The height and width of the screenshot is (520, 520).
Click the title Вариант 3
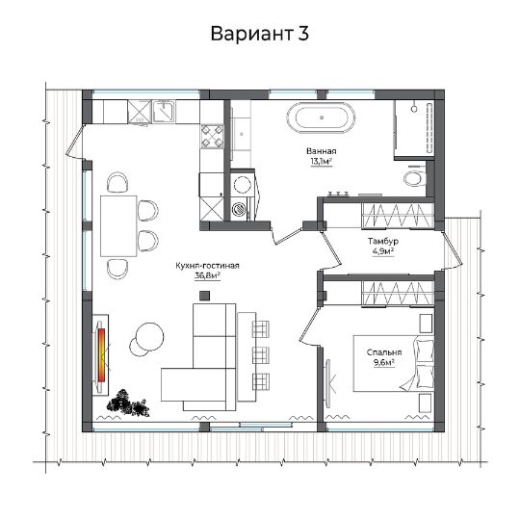[260, 34]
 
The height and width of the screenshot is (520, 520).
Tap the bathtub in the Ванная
[321, 117]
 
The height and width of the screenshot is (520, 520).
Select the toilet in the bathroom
[414, 178]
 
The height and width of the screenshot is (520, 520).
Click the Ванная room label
[321, 151]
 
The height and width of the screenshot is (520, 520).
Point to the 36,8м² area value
[208, 276]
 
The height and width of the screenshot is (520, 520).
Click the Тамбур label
[383, 241]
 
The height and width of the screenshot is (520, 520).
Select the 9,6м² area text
[384, 362]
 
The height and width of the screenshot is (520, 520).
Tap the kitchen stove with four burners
[212, 136]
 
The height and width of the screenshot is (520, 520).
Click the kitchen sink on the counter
[164, 112]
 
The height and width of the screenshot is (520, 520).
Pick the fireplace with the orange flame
[101, 355]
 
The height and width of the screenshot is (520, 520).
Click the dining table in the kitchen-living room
[118, 226]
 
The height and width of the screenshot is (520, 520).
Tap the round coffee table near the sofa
[150, 337]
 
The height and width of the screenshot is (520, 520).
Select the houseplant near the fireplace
[127, 403]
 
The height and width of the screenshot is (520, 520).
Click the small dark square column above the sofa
[204, 296]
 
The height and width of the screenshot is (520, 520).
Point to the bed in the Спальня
[394, 363]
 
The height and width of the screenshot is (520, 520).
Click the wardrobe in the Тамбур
[398, 216]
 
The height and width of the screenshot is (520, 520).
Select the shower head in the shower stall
[414, 108]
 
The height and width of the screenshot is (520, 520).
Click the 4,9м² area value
[383, 251]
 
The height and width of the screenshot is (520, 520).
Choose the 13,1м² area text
[322, 162]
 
